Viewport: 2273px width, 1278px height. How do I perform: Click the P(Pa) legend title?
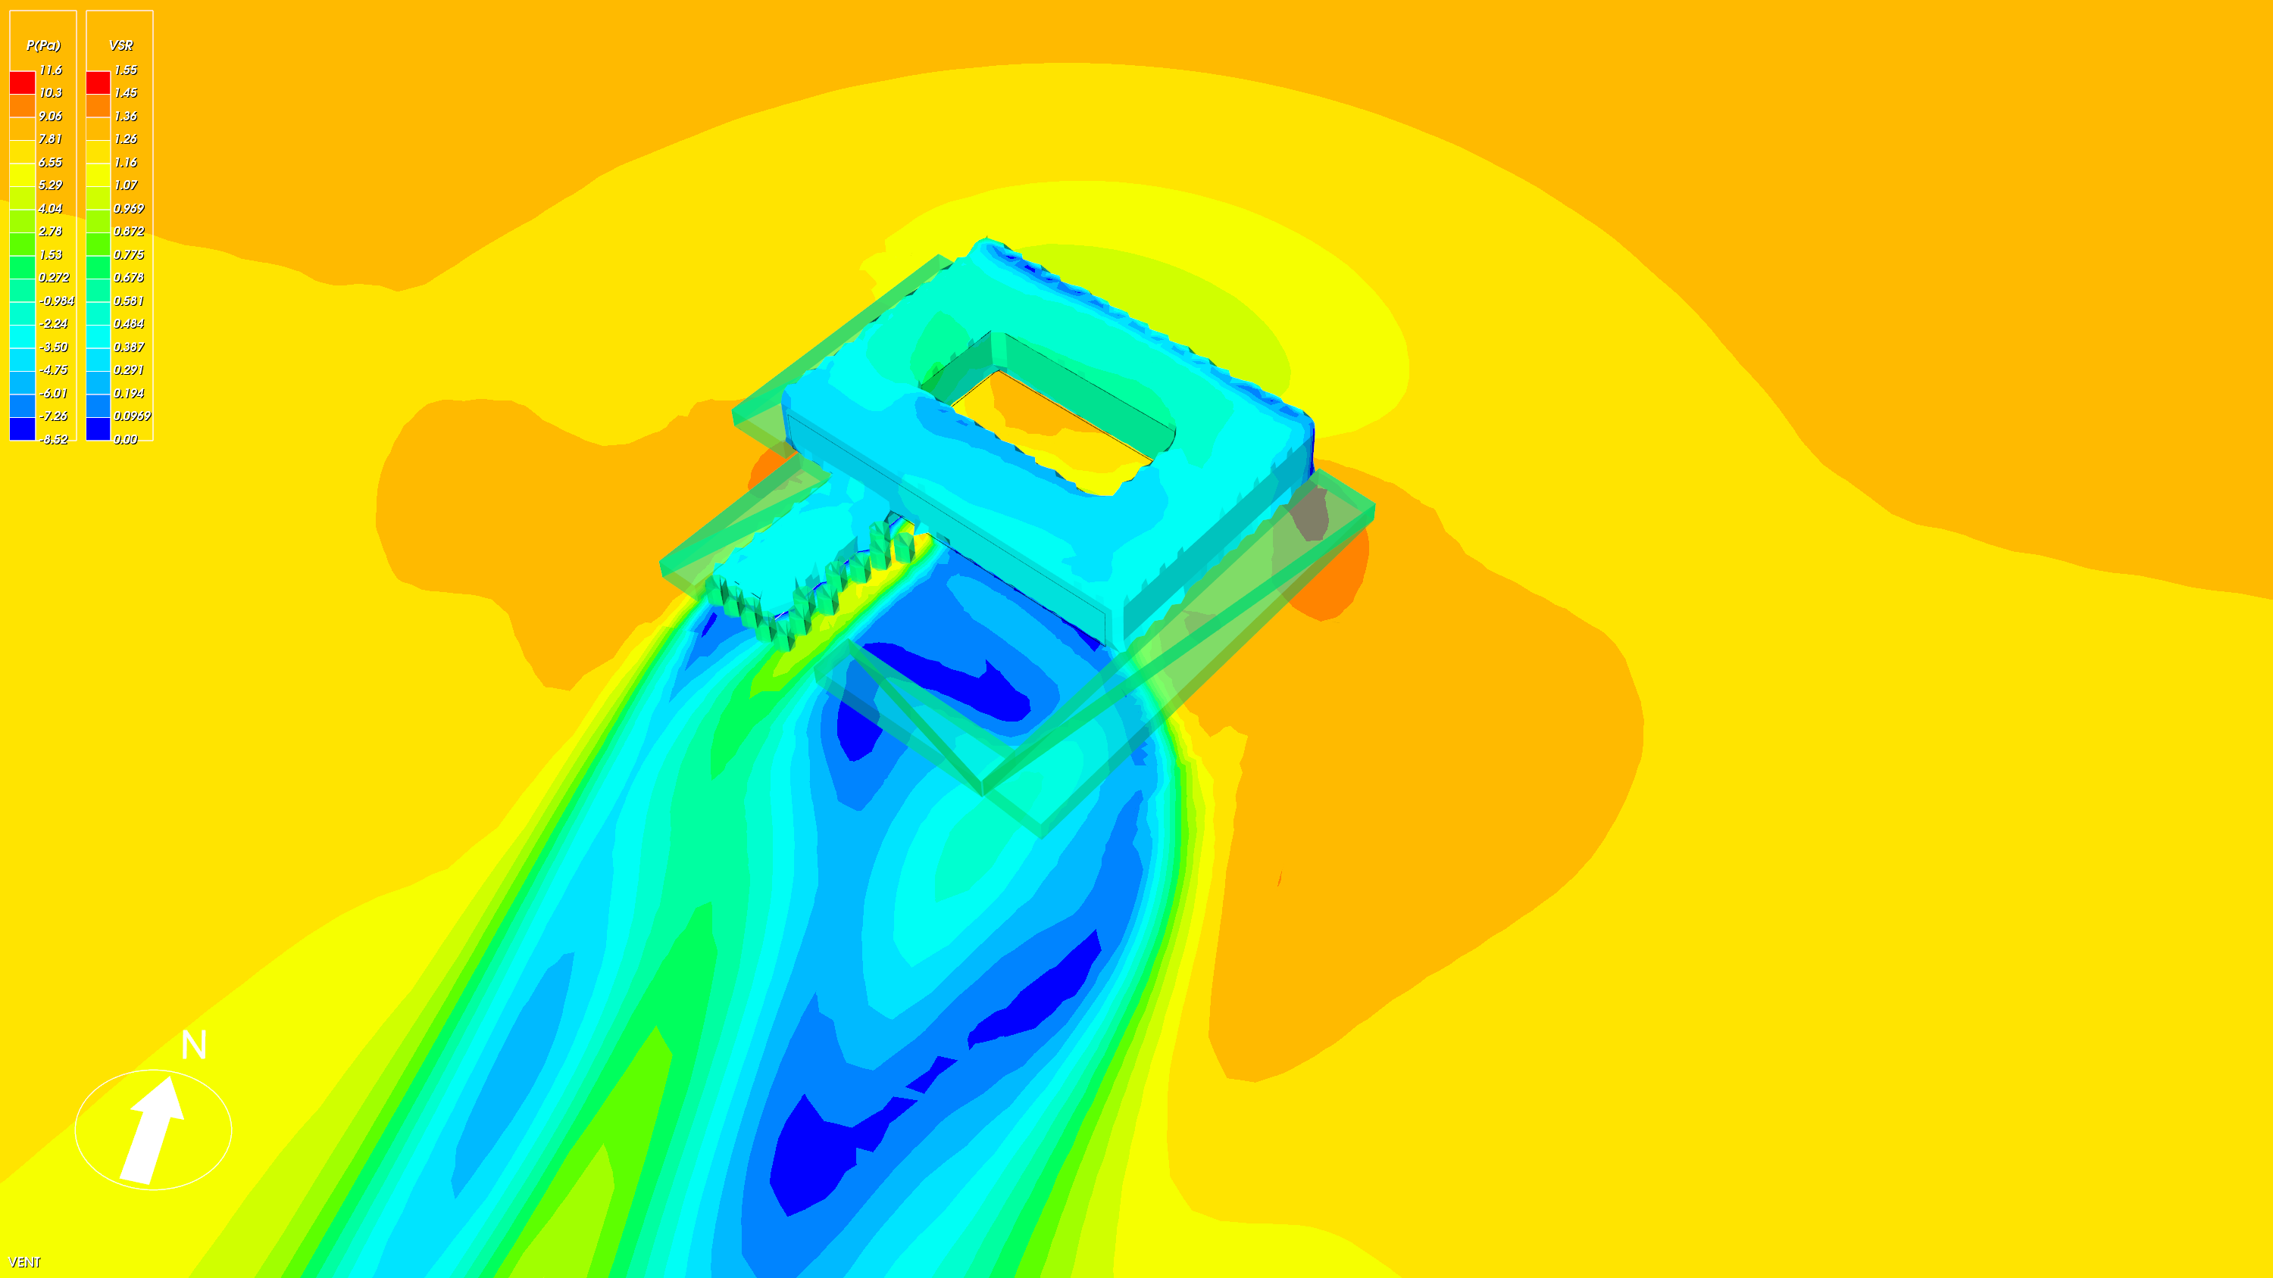pos(43,45)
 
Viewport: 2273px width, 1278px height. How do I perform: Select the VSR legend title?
pos(121,45)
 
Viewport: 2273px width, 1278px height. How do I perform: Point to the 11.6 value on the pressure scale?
pos(50,70)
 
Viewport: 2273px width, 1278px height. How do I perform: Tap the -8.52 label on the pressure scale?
pos(54,439)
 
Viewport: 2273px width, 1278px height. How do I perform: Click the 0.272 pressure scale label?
pos(54,277)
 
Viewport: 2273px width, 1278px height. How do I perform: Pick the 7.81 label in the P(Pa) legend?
pos(50,139)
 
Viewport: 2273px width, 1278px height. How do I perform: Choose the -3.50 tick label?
pos(54,347)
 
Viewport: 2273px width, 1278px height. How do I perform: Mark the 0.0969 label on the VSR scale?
pos(133,416)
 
